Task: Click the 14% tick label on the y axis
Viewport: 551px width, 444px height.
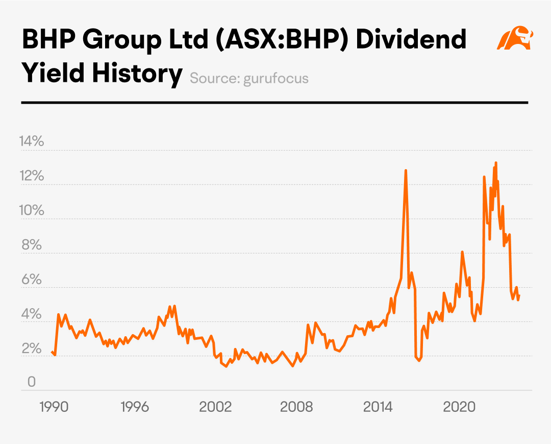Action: (x=32, y=141)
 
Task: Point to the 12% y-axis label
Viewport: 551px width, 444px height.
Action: (x=32, y=176)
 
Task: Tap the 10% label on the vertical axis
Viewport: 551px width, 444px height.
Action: (x=32, y=210)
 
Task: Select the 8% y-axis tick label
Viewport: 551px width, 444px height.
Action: (x=32, y=245)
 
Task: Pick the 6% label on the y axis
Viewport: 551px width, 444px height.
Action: (x=32, y=279)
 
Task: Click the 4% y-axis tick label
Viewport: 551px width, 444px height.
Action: (x=32, y=314)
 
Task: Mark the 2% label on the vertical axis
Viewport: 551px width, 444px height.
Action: (x=32, y=348)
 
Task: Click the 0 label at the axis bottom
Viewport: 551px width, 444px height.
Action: (x=32, y=381)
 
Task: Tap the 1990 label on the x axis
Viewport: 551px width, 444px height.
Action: (x=54, y=407)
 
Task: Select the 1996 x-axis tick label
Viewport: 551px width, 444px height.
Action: (x=135, y=407)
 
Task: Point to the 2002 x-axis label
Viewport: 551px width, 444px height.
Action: (x=215, y=407)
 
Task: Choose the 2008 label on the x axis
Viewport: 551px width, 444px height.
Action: (x=296, y=407)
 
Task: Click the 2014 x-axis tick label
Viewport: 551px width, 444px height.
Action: (x=378, y=407)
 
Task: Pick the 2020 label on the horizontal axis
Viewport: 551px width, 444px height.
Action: (x=459, y=407)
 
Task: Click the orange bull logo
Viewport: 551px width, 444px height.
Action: (x=515, y=37)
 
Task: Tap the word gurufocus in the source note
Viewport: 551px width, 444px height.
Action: (x=276, y=79)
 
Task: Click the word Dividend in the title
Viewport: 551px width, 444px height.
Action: (x=411, y=39)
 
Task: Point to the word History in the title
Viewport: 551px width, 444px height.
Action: (x=137, y=74)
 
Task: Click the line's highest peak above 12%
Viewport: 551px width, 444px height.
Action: (x=496, y=163)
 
